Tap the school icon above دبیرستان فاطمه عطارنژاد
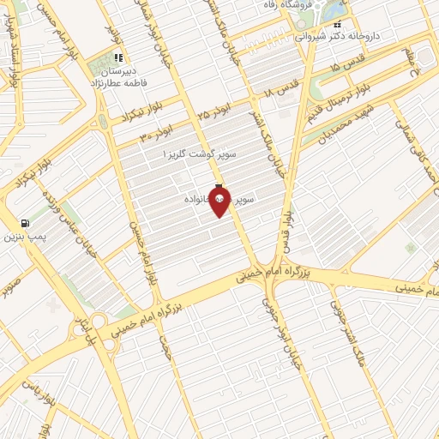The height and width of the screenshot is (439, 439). [117, 58]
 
